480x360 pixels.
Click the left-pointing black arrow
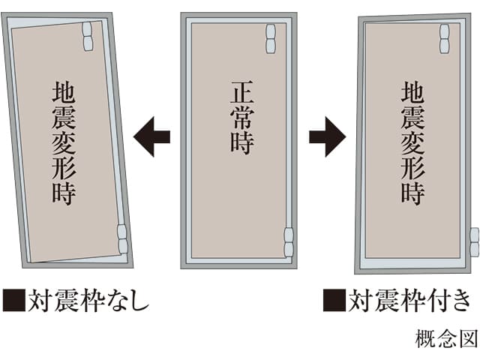(151, 136)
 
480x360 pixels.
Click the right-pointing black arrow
(328, 136)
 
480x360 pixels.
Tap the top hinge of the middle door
(271, 39)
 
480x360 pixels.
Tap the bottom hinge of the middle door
(289, 242)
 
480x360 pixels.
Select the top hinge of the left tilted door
(88, 37)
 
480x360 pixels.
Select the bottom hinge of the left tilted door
(123, 239)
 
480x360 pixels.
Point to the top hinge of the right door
(445, 39)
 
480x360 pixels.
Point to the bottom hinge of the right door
(475, 242)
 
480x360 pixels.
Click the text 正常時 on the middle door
(242, 117)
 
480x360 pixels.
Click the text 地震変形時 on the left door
(64, 142)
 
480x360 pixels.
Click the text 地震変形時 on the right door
(413, 142)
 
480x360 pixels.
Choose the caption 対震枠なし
(88, 300)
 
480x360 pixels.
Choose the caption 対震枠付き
(409, 300)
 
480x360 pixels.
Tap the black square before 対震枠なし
(14, 300)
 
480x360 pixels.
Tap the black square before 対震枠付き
(334, 300)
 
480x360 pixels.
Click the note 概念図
(446, 338)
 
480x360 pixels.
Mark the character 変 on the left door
(64, 142)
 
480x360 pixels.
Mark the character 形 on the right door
(413, 168)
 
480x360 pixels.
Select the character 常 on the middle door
(242, 117)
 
